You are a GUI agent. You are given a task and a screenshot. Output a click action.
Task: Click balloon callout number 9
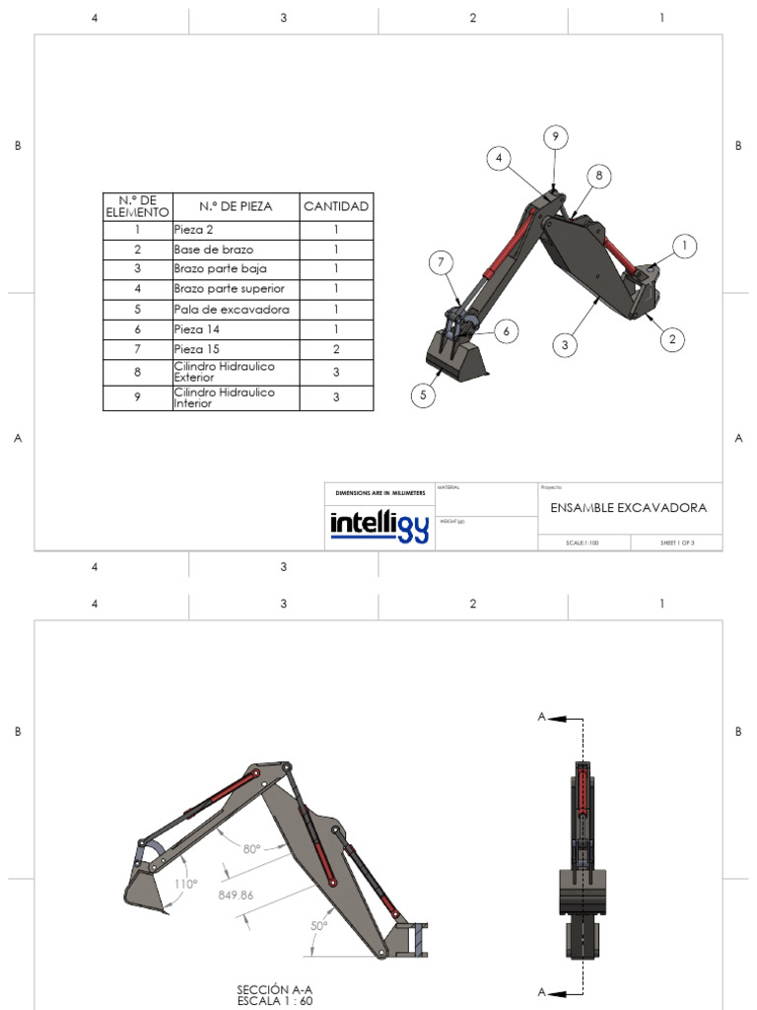point(555,136)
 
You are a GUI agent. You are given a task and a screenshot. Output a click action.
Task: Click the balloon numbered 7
point(443,263)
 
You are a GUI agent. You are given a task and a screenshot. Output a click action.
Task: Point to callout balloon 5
point(424,396)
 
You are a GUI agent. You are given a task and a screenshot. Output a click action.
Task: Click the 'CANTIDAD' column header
point(336,206)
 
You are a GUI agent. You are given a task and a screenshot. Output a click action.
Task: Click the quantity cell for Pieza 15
point(336,349)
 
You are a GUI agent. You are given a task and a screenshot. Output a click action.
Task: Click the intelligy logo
point(379,526)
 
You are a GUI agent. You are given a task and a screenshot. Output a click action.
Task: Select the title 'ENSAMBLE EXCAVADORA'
point(629,508)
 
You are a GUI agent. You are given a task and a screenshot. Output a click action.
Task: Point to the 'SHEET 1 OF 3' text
point(678,542)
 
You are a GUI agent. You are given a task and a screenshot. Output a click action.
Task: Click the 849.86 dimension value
point(237,896)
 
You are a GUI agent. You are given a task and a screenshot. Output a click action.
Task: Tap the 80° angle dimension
point(251,848)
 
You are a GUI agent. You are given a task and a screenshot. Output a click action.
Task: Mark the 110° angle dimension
point(186,884)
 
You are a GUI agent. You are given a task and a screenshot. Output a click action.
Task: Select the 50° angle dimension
point(319,925)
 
